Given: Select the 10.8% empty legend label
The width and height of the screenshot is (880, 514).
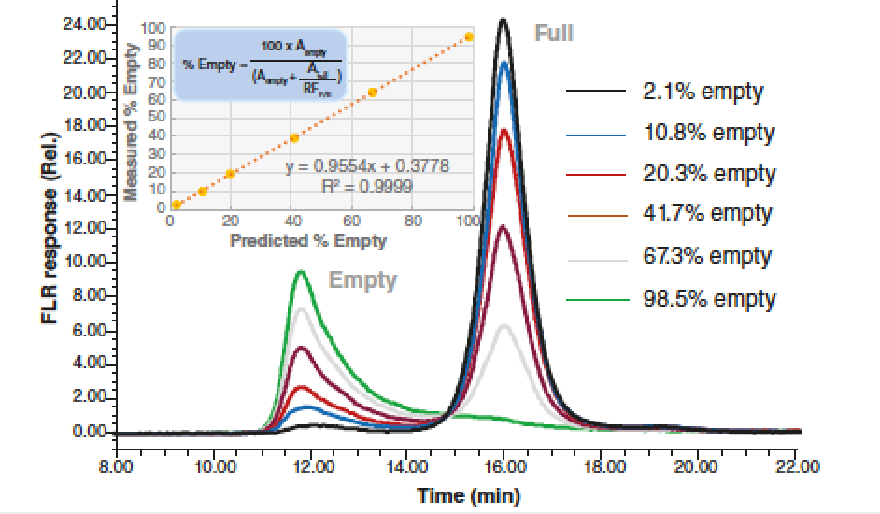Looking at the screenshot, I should (709, 133).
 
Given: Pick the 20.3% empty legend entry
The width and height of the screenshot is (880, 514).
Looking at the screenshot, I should (709, 174).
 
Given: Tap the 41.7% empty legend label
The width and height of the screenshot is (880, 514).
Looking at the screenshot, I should (707, 214).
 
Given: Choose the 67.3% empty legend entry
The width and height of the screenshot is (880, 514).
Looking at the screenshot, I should (709, 256).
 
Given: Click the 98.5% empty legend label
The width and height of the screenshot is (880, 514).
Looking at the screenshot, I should (709, 299).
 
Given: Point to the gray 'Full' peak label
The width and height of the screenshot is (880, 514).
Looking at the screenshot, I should (553, 35).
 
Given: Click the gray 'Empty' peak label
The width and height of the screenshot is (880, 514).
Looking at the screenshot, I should (362, 280).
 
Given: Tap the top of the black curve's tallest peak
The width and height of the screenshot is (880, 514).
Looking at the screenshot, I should (504, 19).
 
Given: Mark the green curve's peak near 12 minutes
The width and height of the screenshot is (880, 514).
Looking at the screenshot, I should (300, 272).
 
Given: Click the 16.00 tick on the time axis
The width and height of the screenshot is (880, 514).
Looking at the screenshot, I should (504, 465).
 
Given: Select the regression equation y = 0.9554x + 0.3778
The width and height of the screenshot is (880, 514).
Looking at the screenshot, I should (367, 166).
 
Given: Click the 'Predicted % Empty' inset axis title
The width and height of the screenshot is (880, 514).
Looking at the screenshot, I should (308, 241).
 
